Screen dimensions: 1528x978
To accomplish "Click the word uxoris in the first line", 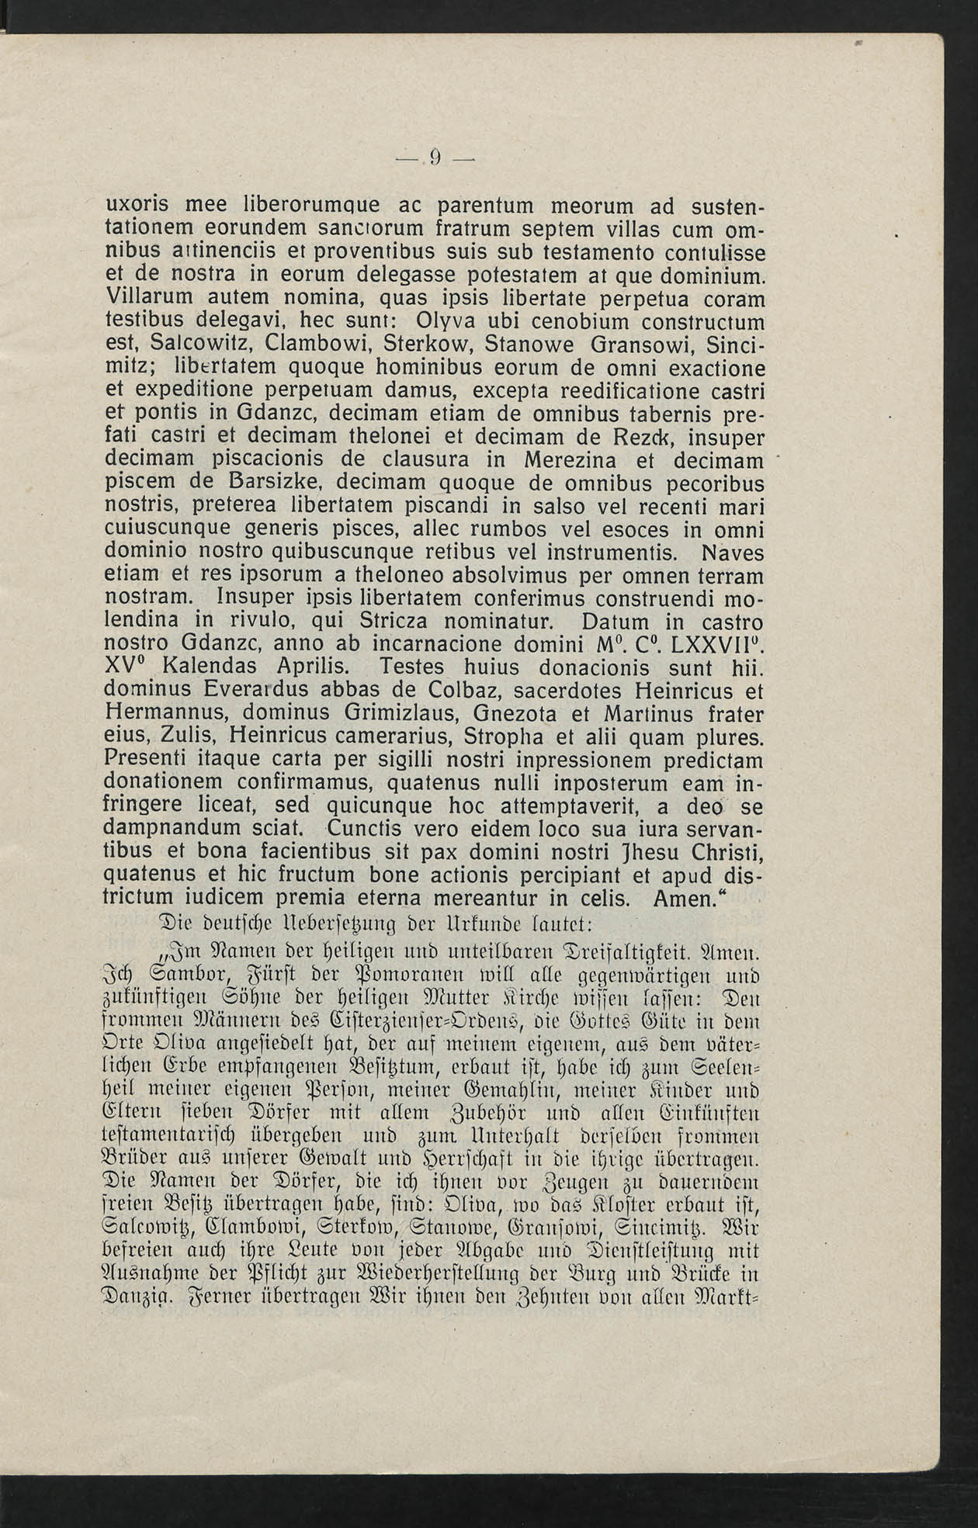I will (x=148, y=207).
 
